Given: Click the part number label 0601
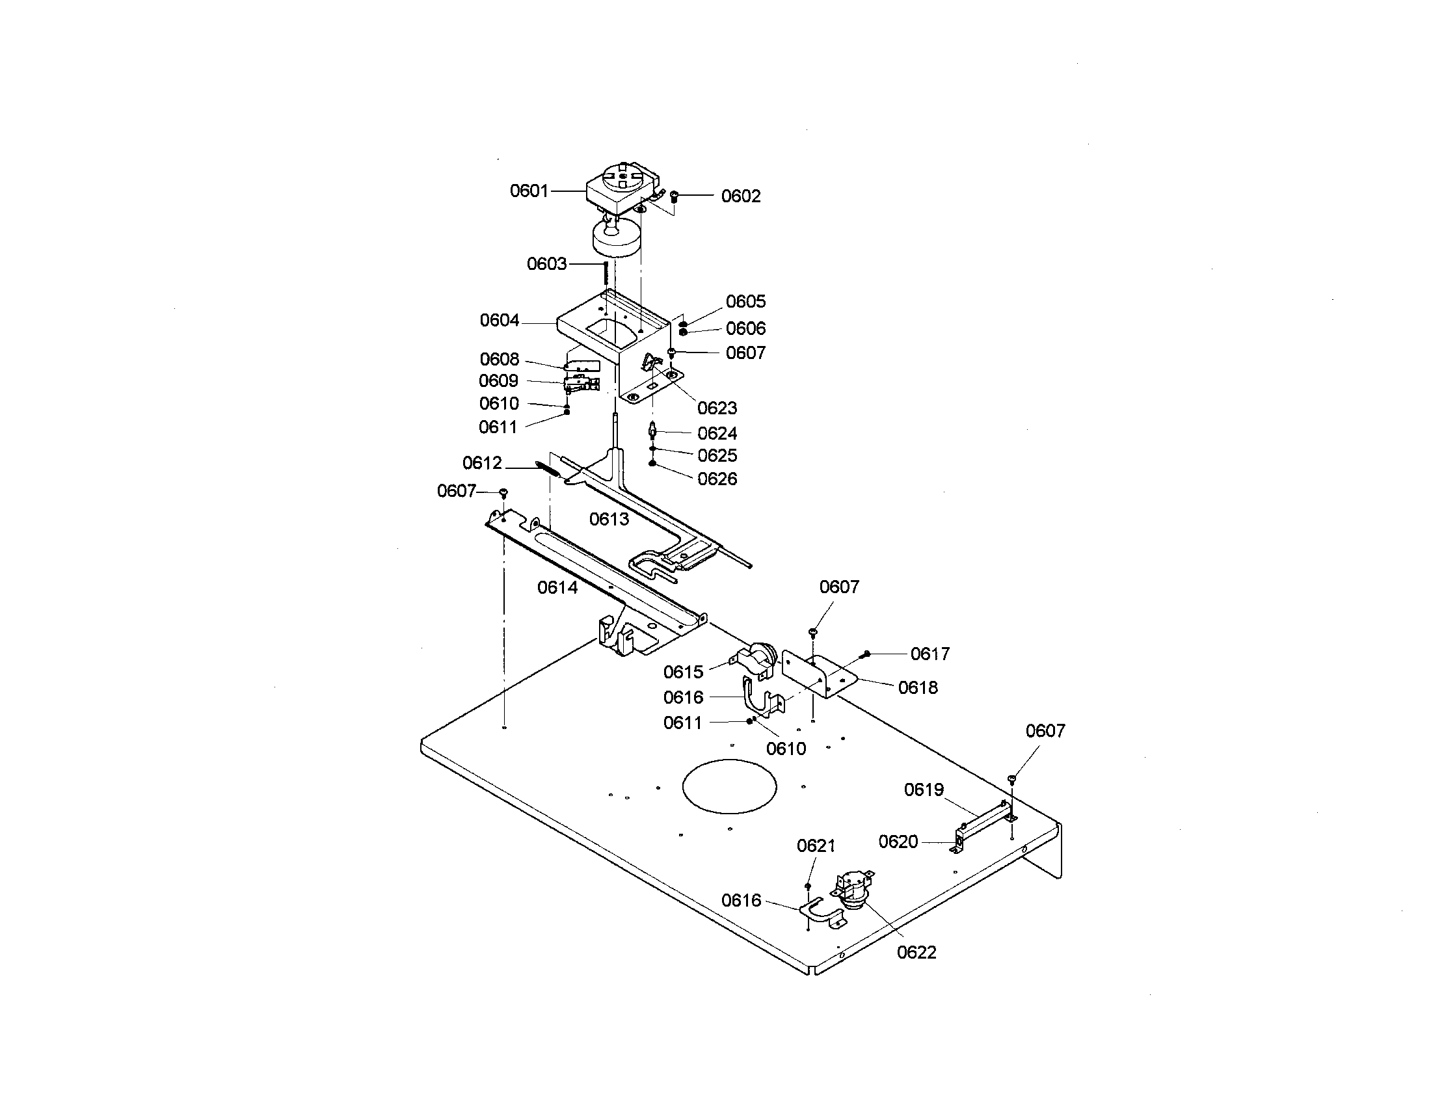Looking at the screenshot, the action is [x=529, y=191].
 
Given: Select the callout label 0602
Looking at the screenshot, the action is [x=741, y=196].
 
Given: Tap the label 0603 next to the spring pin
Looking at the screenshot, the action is [x=546, y=264].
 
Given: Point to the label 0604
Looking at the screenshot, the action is [x=500, y=320].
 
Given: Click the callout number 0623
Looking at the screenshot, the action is [x=717, y=408].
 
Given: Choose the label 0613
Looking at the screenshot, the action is [x=609, y=520].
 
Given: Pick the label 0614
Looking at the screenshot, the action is [x=557, y=587].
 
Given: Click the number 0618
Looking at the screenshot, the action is [x=918, y=687].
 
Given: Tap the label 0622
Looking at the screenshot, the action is [x=916, y=952].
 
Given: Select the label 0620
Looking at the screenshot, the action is [x=898, y=842].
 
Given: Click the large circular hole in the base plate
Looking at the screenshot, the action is [x=729, y=787].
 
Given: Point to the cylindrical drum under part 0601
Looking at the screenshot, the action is [x=617, y=239].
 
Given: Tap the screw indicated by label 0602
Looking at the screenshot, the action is [x=675, y=196].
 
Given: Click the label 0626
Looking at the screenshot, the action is [x=717, y=479].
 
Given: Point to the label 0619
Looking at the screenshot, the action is [x=924, y=790].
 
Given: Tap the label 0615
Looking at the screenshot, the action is [x=684, y=672].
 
